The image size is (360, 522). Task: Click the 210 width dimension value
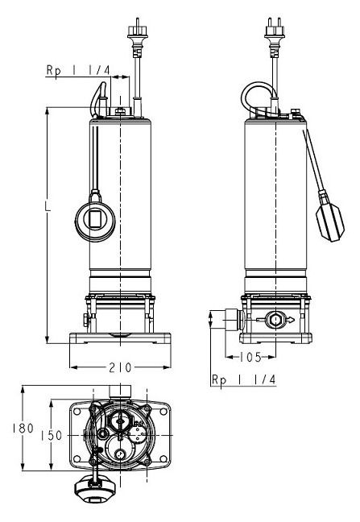pyautogui.click(x=120, y=367)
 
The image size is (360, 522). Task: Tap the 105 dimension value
pyautogui.click(x=250, y=357)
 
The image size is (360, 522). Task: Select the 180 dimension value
pyautogui.click(x=23, y=428)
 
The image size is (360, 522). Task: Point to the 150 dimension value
pyautogui.click(x=52, y=436)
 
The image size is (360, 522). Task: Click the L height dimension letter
pyautogui.click(x=48, y=206)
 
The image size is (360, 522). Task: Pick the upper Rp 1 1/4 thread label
pyautogui.click(x=78, y=70)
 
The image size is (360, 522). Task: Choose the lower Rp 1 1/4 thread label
pyautogui.click(x=244, y=379)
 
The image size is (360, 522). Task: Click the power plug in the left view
pyautogui.click(x=137, y=36)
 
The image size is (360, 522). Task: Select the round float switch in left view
pyautogui.click(x=95, y=219)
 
